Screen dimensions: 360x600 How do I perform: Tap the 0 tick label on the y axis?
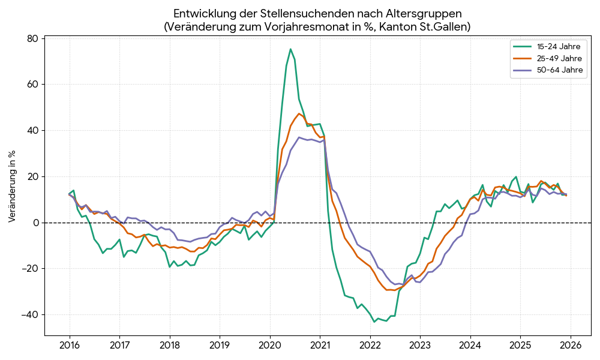35,223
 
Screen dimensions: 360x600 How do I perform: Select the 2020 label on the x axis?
269,346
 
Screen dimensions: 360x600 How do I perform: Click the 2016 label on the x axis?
70,346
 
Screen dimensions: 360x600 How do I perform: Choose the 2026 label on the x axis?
570,346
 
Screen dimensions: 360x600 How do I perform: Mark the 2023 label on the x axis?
420,346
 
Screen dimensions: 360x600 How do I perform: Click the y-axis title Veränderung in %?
13,187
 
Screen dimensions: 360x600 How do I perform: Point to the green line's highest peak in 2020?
290,49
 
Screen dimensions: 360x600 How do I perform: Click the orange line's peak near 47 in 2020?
299,113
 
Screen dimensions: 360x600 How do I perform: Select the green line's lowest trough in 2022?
374,322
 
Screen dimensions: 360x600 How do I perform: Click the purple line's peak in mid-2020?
299,137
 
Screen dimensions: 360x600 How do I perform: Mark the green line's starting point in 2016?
70,194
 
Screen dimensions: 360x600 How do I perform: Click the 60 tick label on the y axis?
32,85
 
